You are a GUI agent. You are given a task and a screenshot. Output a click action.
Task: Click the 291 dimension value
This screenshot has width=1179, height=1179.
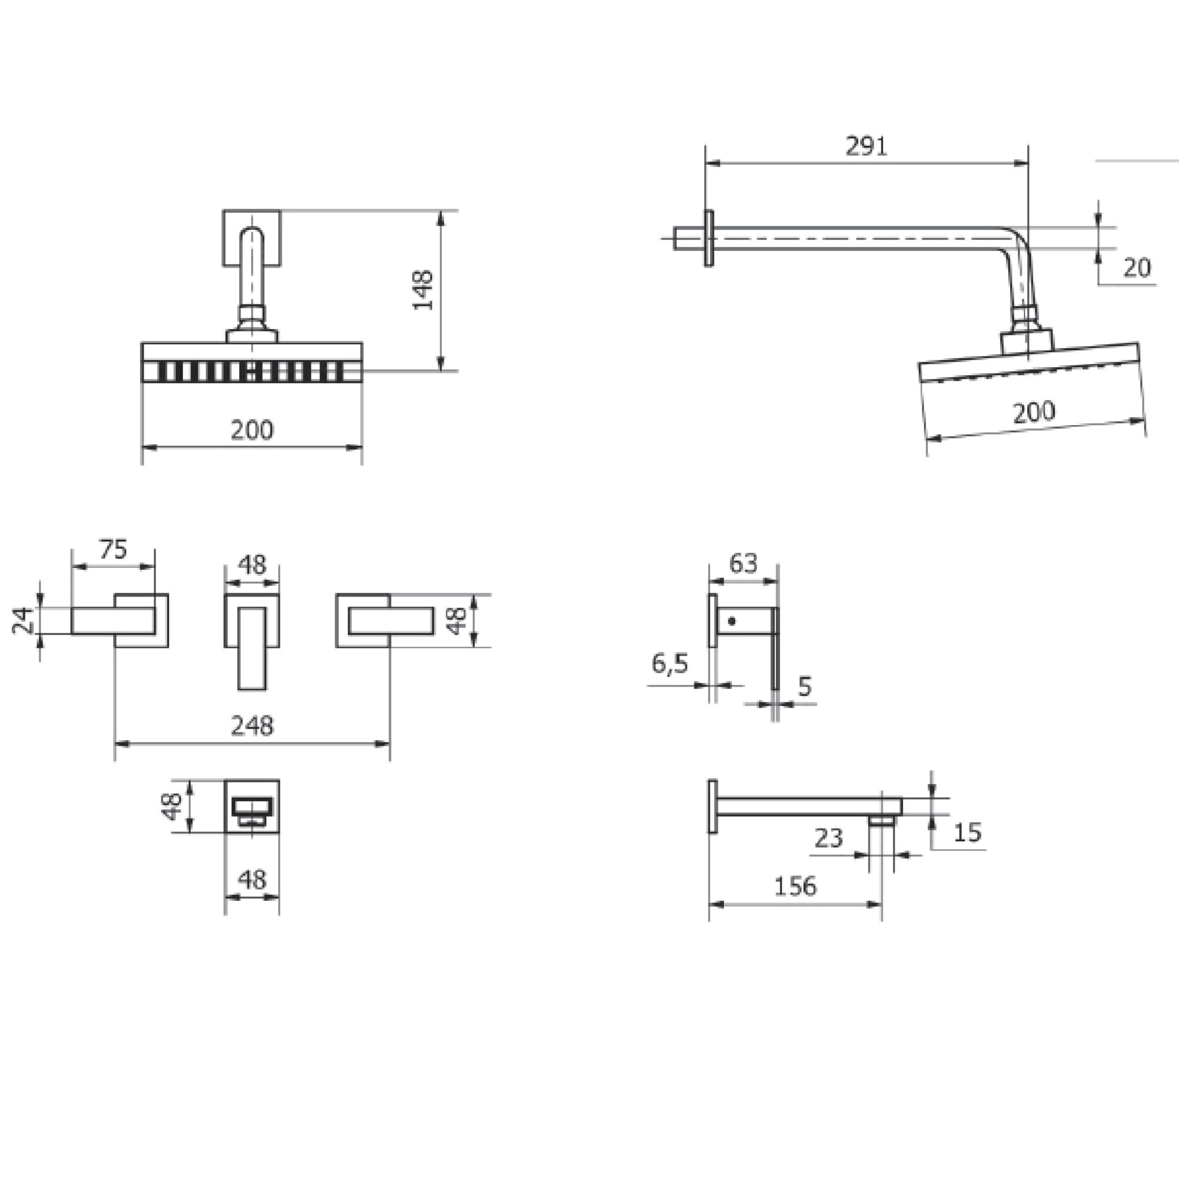(866, 146)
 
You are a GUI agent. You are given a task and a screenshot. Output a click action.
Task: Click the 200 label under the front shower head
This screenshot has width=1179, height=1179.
(252, 430)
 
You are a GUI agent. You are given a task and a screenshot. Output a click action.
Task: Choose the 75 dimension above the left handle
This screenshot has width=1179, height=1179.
(113, 549)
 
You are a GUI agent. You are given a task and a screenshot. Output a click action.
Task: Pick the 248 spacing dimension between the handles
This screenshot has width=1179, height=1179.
(252, 725)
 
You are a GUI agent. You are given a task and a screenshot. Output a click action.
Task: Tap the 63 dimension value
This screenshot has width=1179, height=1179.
(743, 563)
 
